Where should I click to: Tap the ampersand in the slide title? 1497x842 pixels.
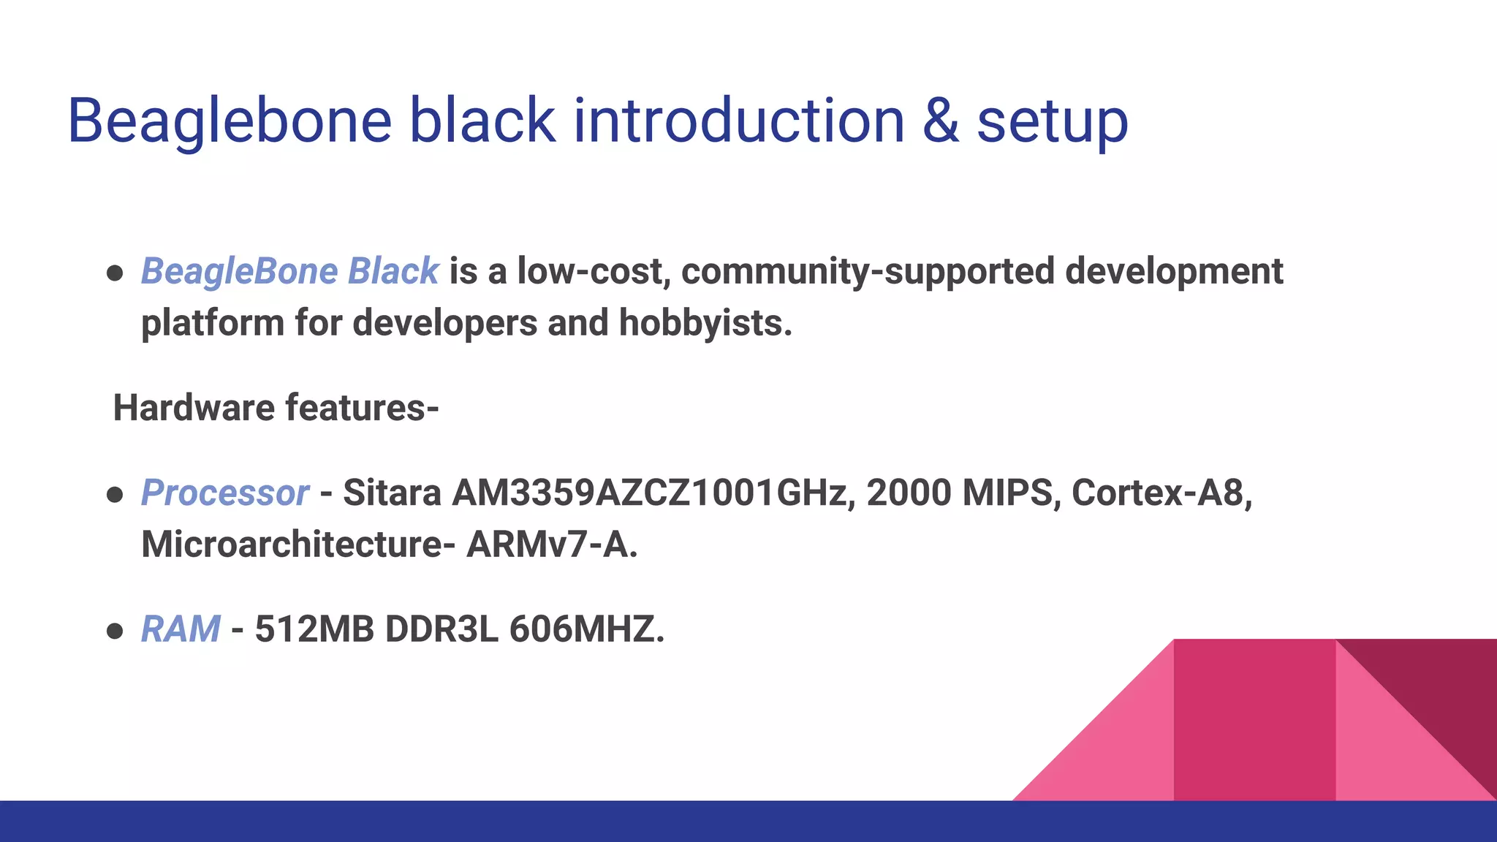941,121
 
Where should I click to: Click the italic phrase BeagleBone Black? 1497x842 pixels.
289,271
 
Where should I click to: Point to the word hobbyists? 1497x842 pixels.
705,323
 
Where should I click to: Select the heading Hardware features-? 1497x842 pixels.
276,408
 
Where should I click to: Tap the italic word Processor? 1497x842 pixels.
224,493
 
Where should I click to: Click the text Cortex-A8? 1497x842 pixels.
1161,493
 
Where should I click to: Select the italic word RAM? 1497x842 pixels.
180,629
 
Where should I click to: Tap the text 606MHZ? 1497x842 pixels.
586,629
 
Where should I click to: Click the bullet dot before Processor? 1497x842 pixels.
114,495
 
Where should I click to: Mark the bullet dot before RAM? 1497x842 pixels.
114,631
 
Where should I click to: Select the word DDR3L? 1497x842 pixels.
441,629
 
